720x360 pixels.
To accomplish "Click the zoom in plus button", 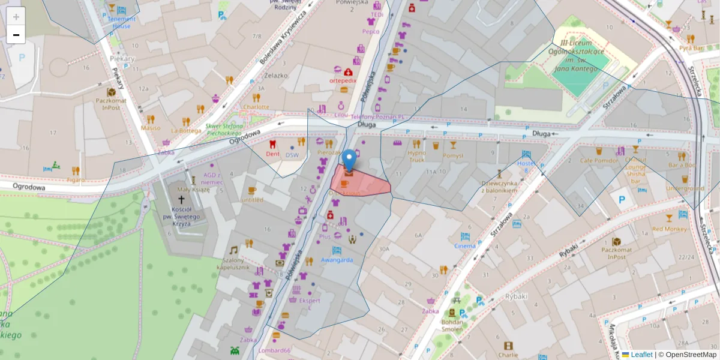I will click(x=16, y=17).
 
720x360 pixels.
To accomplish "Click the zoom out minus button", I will click(x=16, y=35).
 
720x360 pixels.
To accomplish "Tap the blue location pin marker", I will click(x=349, y=160).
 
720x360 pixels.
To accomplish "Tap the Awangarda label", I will click(x=337, y=260).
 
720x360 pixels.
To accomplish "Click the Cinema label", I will click(x=465, y=245).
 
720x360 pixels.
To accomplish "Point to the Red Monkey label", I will click(x=668, y=229).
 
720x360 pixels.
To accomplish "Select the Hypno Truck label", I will click(x=416, y=156).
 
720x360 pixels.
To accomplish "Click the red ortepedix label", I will click(x=343, y=80).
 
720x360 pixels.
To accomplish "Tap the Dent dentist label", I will click(x=272, y=154).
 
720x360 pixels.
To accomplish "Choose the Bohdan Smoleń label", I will click(x=452, y=325).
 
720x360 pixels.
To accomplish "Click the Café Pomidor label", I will click(x=599, y=160).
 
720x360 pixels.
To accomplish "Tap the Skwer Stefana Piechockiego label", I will click(x=224, y=130).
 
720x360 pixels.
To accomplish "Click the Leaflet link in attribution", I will click(x=641, y=355).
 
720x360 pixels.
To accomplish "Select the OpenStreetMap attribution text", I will click(x=691, y=355).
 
